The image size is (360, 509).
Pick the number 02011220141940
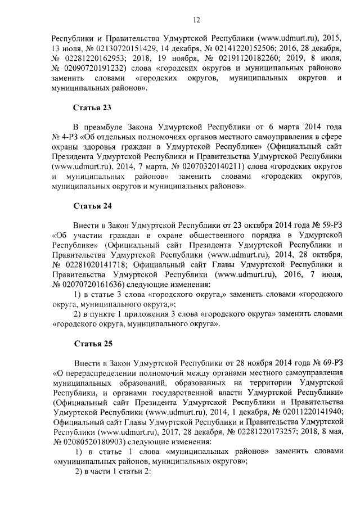tap(307, 411)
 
